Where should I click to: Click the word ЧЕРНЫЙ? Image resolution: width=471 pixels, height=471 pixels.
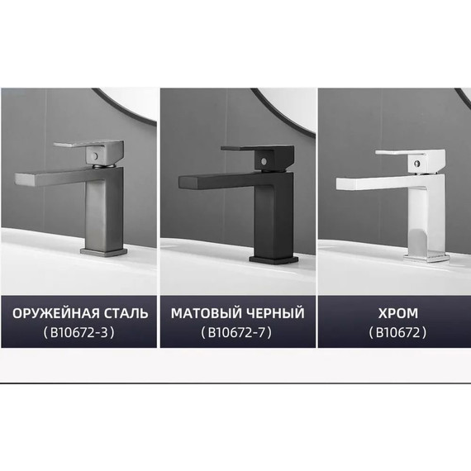(x=275, y=313)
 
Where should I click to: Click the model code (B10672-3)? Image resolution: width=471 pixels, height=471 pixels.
(x=78, y=333)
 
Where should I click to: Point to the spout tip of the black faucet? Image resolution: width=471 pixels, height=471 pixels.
(x=175, y=179)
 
